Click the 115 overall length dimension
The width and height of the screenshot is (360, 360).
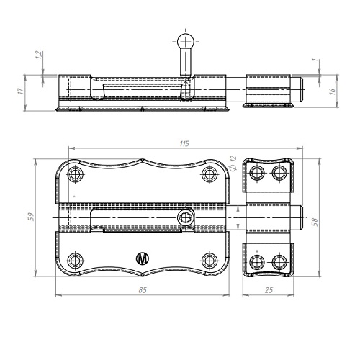[x=184, y=143]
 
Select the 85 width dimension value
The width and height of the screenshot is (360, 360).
[x=143, y=290]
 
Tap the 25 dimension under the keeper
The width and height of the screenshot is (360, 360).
[x=269, y=290]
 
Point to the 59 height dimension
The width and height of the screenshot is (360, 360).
[x=32, y=217]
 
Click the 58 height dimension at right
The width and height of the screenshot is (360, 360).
[x=315, y=222]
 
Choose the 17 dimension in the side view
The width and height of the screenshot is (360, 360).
[x=21, y=91]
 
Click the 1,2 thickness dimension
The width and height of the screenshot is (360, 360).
[x=39, y=55]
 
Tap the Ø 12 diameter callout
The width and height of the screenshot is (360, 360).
[x=233, y=163]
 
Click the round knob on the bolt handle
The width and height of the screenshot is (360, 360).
[x=185, y=41]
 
